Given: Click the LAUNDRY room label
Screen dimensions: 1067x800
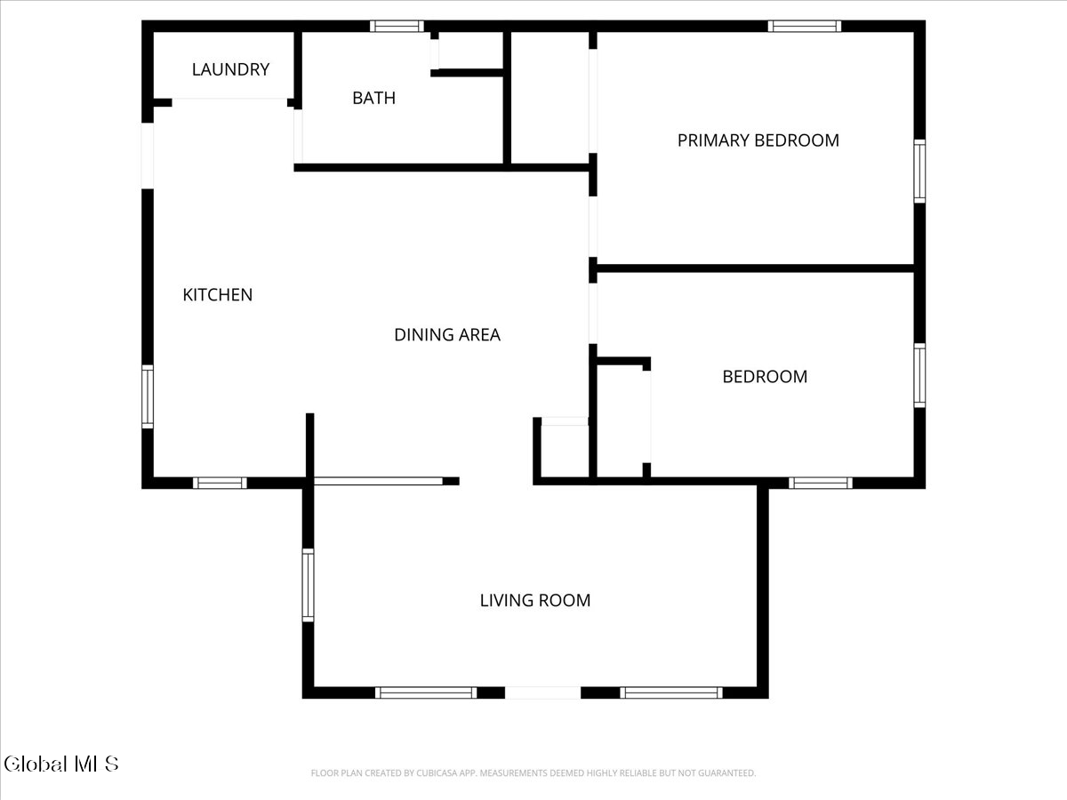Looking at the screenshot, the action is [x=230, y=69].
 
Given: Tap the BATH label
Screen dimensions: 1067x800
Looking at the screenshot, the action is [x=373, y=98].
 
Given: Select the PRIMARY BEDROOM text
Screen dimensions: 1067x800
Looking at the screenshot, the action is [x=758, y=140].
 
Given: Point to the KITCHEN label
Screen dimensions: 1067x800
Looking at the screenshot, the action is [x=217, y=295].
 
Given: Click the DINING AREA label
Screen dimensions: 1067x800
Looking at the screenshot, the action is [x=447, y=335].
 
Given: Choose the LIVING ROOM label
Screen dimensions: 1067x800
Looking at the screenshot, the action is [x=535, y=600].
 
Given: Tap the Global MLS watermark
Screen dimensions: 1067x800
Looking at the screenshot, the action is [x=61, y=764].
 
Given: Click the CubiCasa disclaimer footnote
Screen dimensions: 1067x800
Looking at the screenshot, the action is [x=533, y=772].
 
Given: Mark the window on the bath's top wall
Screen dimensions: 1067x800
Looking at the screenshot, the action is [x=397, y=27].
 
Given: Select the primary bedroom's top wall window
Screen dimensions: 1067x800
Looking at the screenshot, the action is [x=805, y=27].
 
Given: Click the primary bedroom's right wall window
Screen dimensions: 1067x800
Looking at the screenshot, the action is [x=919, y=171].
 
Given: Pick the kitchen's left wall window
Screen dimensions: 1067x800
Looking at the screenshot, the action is [x=148, y=396].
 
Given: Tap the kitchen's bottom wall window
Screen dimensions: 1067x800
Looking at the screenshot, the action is [x=220, y=483].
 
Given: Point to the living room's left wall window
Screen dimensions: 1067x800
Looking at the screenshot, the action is [x=308, y=585].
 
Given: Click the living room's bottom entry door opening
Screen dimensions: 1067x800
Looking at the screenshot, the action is [x=543, y=692].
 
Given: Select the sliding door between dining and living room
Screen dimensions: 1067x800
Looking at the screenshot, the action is [x=378, y=482].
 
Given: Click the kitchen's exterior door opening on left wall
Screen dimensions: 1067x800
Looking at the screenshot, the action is [x=148, y=156].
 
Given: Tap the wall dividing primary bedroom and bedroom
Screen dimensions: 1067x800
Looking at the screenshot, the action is [x=756, y=268].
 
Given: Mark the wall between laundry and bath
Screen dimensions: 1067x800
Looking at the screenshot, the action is [x=298, y=70].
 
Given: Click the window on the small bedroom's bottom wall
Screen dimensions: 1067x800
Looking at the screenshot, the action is [x=820, y=483].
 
